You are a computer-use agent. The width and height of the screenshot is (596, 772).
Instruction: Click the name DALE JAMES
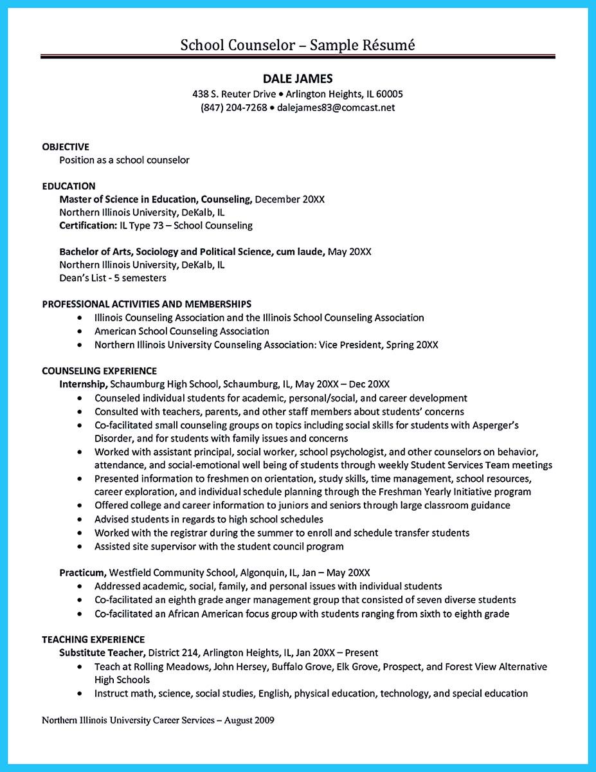(298, 78)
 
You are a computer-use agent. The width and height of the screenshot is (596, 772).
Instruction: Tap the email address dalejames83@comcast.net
(336, 107)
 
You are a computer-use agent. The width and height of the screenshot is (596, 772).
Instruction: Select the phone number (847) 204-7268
(233, 107)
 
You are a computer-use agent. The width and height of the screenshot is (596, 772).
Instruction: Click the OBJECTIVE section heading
(66, 146)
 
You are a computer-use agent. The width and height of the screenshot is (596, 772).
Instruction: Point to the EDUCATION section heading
(69, 186)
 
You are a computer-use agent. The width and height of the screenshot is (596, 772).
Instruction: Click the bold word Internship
(83, 384)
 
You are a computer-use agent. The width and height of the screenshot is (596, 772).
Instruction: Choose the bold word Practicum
(83, 572)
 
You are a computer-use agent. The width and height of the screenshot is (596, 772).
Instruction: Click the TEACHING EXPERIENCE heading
(93, 639)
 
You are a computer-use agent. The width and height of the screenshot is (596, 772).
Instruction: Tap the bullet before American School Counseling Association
(79, 331)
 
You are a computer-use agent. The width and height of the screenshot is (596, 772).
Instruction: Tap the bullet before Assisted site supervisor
(79, 546)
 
